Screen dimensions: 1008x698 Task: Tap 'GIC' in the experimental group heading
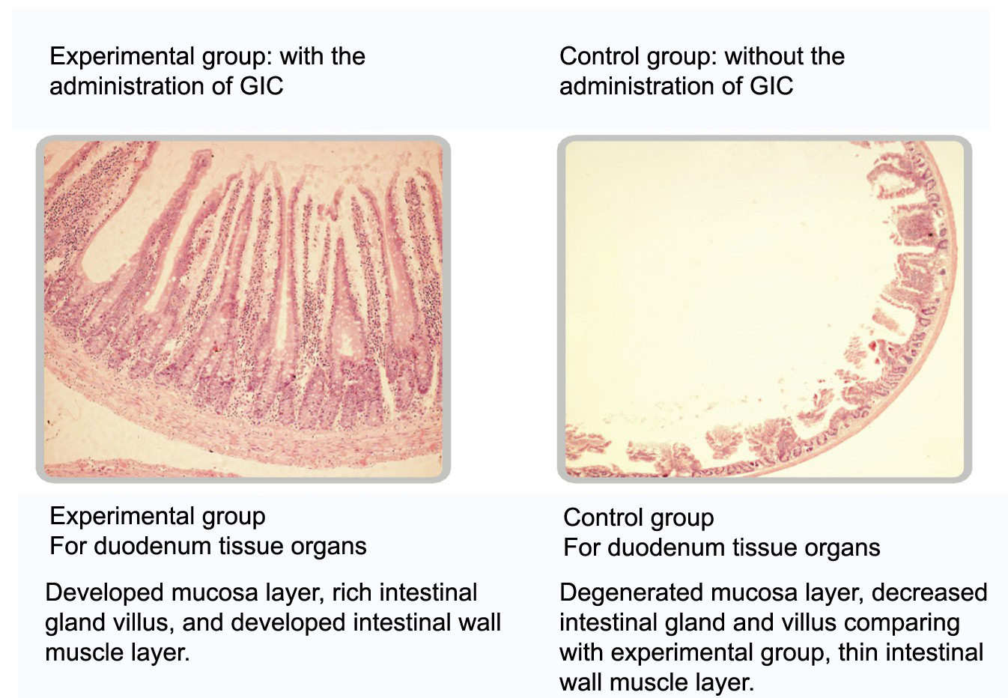(x=261, y=86)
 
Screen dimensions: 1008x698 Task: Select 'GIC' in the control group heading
(x=771, y=86)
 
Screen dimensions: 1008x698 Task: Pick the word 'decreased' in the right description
(x=929, y=592)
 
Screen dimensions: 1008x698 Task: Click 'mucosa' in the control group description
(x=753, y=592)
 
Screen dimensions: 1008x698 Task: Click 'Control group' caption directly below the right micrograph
(x=639, y=518)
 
